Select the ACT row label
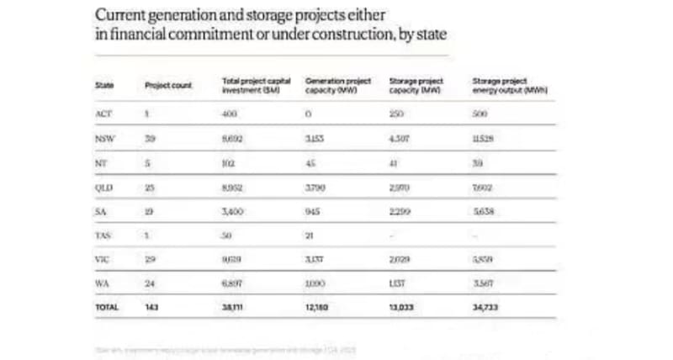pos(103,114)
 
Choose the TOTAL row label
pos(107,308)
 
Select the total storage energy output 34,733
pos(485,308)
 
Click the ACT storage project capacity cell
pos(397,114)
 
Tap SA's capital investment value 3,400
pos(232,213)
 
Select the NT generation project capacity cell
pos(310,164)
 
